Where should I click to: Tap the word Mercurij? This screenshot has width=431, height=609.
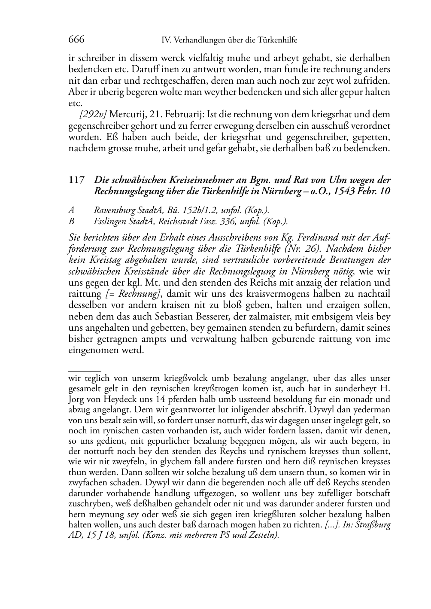click(x=127, y=115)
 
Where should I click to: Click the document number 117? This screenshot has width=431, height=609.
click(x=76, y=180)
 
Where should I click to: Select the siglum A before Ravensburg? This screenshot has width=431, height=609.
click(x=71, y=210)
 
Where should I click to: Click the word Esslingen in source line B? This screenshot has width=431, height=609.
click(x=108, y=222)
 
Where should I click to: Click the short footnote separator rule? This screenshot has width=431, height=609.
click(x=85, y=371)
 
